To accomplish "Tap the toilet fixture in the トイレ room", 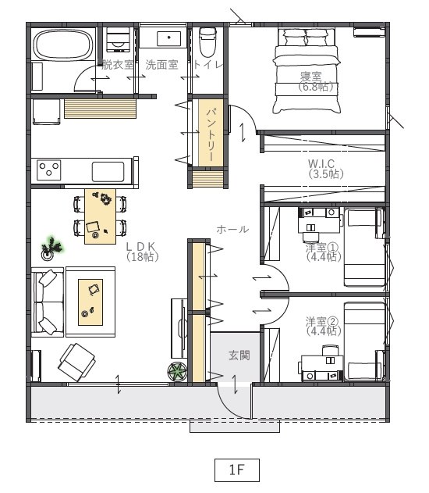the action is tap(207, 41).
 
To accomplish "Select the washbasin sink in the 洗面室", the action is tap(168, 38).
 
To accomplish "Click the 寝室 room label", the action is tap(310, 76).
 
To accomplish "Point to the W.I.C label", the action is tap(321, 163).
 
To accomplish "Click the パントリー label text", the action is tap(211, 134).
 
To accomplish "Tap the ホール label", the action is tap(232, 229).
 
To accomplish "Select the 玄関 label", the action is tap(239, 355).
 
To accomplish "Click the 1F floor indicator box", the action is tap(237, 470).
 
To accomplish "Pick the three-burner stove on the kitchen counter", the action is tap(48, 170).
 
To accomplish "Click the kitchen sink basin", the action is tap(108, 172).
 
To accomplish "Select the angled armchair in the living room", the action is tap(77, 362).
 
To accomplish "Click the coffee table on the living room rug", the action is tap(90, 302).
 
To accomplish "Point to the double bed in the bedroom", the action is tap(306, 71).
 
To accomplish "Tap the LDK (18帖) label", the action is tap(141, 251).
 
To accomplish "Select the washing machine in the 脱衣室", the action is tap(118, 40).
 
